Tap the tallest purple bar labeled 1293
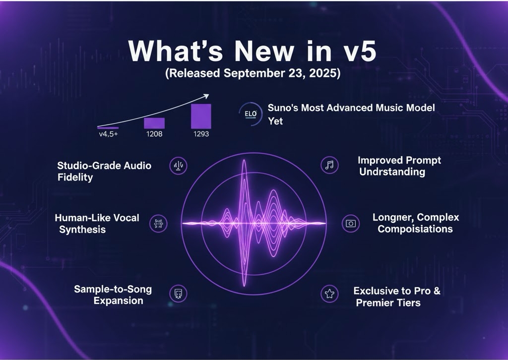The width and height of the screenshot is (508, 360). click(x=201, y=117)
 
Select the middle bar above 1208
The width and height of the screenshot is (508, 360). click(x=154, y=123)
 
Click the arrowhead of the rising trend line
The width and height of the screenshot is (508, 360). click(x=205, y=96)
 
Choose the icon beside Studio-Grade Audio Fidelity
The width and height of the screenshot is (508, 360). click(x=179, y=166)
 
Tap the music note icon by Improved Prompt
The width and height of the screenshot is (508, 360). click(x=329, y=166)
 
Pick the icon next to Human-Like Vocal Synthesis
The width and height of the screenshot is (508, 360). click(x=159, y=224)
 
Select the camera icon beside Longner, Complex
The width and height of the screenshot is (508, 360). click(x=351, y=224)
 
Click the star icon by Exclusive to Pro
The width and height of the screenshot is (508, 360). click(x=328, y=294)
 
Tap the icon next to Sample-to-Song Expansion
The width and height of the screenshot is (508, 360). click(x=178, y=294)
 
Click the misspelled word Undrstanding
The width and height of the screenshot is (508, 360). click(x=392, y=172)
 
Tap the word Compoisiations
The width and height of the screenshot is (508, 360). click(x=415, y=229)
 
